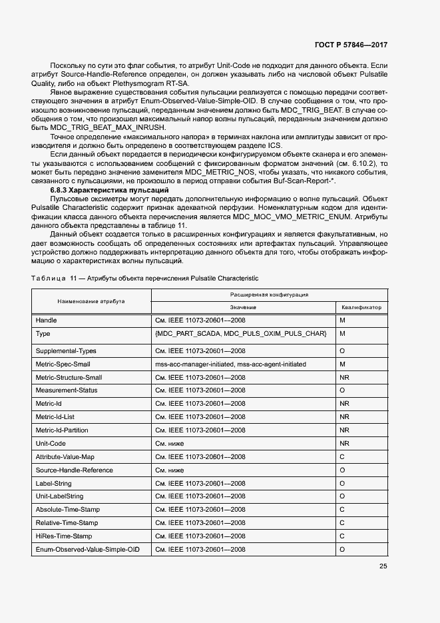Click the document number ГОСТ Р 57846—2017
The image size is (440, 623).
(350, 45)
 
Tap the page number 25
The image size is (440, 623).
(383, 566)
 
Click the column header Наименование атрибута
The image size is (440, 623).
(91, 301)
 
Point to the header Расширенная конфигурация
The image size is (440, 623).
(269, 294)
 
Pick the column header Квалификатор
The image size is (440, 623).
(361, 307)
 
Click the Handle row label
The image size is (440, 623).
(46, 320)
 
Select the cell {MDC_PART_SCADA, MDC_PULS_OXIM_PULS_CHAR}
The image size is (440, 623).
(240, 333)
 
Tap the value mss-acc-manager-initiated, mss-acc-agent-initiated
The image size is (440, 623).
(230, 364)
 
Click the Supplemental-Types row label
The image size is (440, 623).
(66, 350)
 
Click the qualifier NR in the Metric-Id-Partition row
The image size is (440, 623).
(344, 430)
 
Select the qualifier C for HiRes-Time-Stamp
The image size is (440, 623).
(341, 536)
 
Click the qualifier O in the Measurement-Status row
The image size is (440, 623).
(342, 390)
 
